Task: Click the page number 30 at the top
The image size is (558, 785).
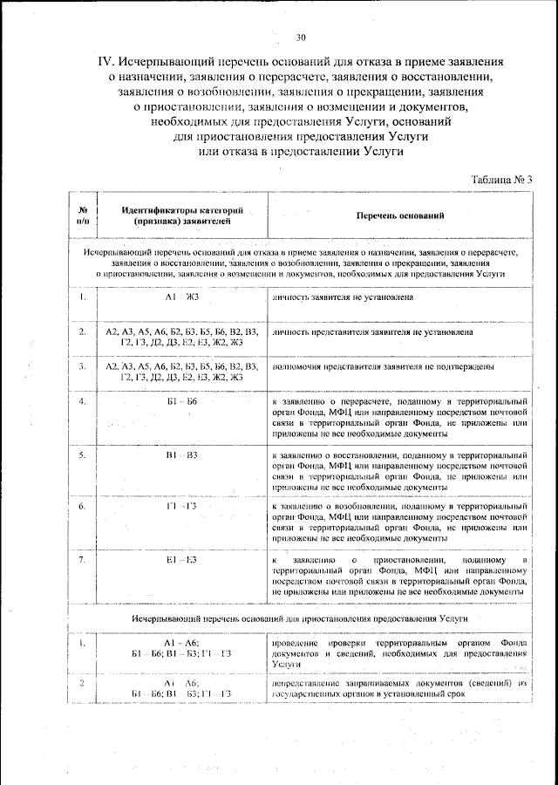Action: [301, 38]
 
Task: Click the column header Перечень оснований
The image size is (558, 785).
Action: [400, 215]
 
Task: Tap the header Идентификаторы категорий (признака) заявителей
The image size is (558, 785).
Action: [182, 215]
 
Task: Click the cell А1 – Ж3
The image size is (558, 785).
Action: [182, 297]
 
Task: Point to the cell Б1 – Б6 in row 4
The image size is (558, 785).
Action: [182, 401]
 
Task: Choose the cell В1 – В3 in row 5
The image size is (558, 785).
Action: [182, 455]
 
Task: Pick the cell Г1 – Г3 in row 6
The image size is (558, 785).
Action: [182, 506]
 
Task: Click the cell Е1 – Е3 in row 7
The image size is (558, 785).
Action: [182, 558]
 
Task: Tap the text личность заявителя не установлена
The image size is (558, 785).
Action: [343, 297]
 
